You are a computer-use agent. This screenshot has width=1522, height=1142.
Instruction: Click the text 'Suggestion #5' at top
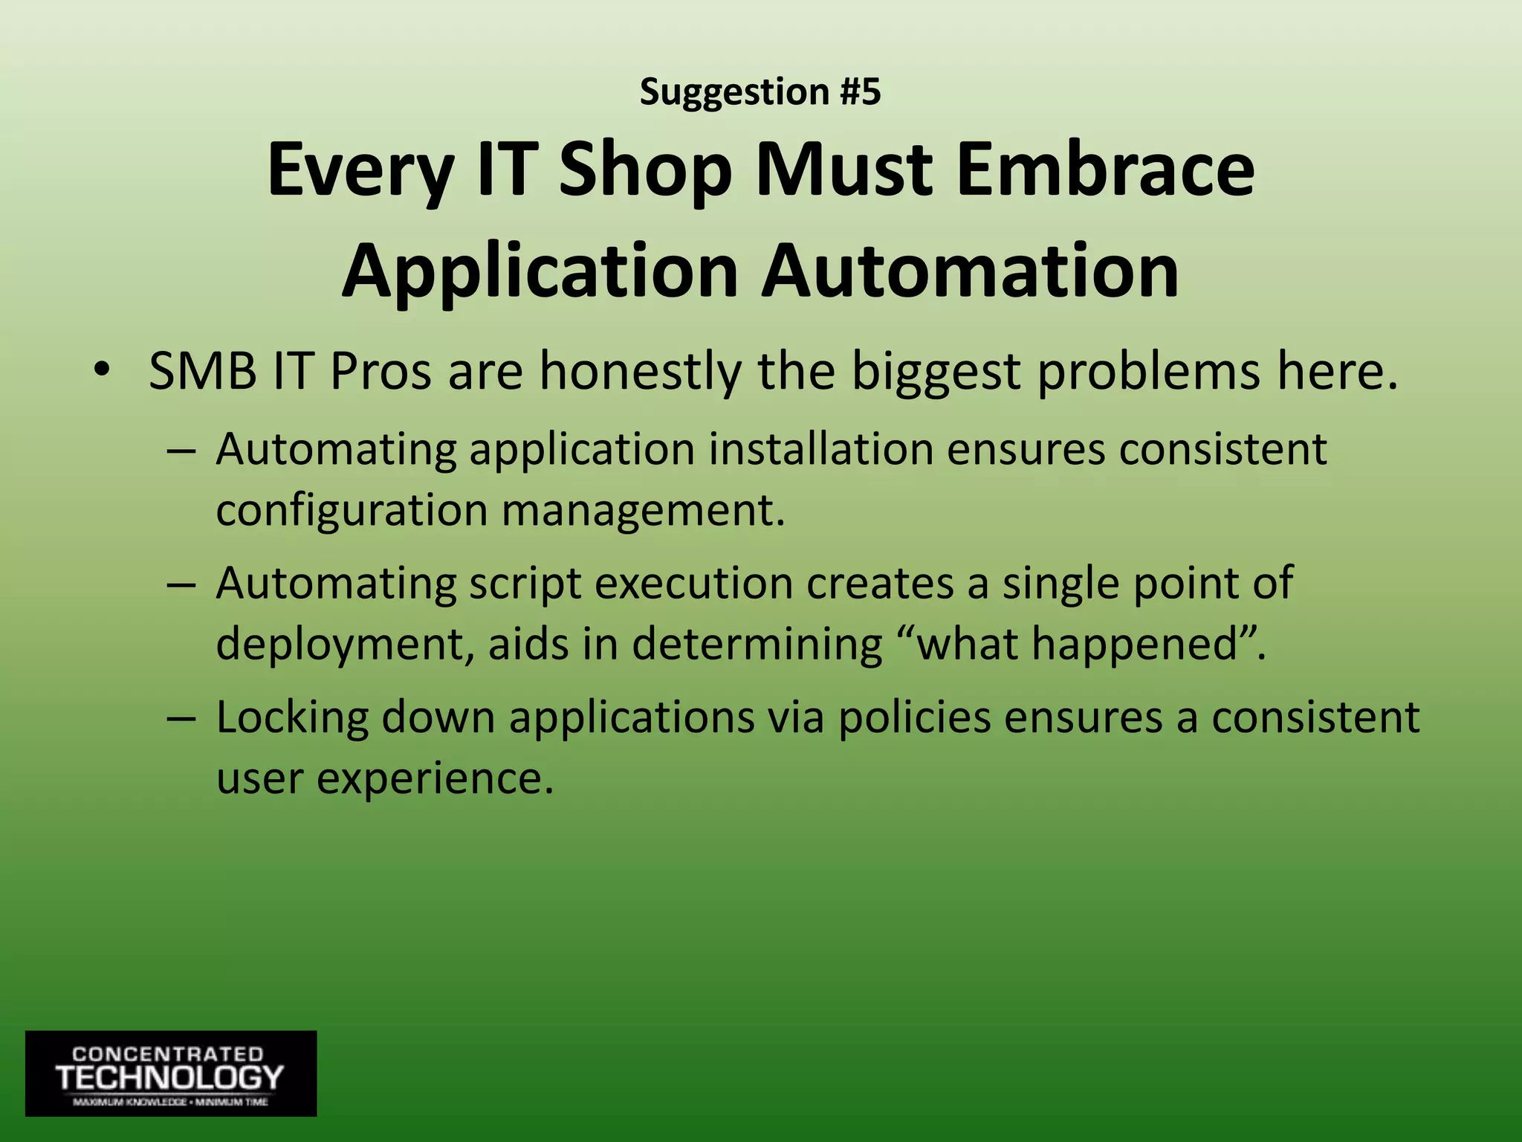(x=760, y=92)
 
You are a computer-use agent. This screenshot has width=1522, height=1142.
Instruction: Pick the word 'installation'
(x=820, y=449)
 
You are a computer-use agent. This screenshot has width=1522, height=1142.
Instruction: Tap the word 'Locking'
(x=292, y=718)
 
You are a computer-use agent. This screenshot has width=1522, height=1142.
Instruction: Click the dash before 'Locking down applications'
(x=181, y=719)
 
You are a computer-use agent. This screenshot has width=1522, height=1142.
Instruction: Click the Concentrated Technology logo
(x=171, y=1073)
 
